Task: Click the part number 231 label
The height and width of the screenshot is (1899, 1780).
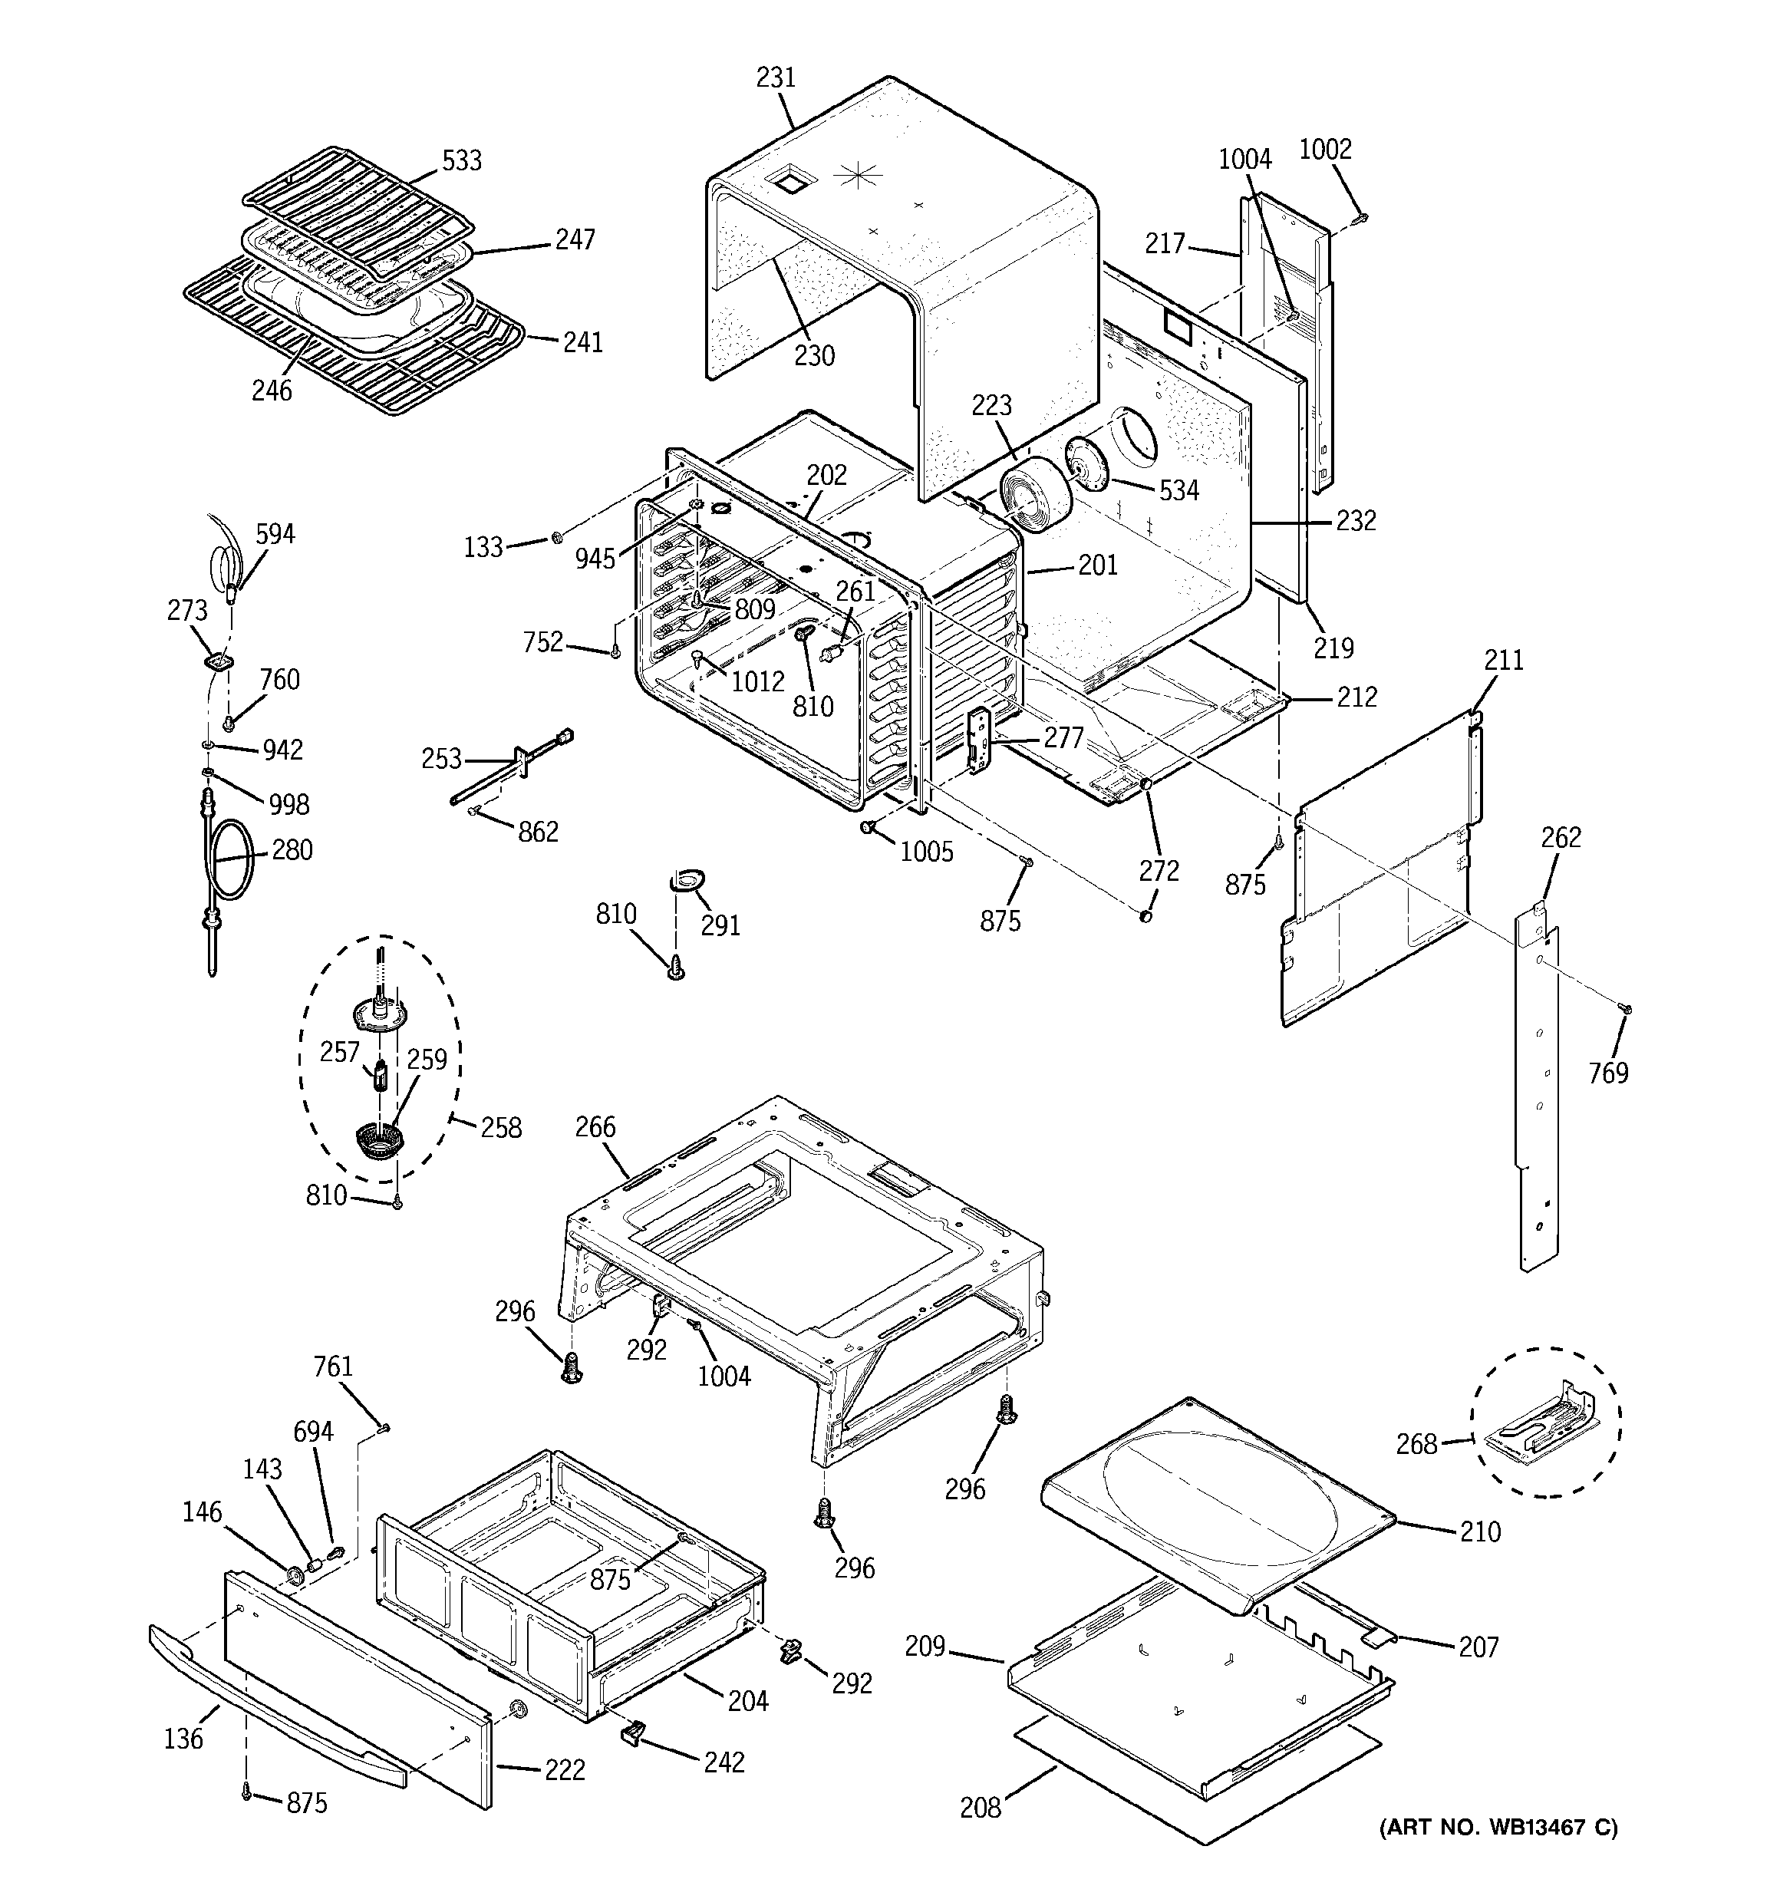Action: [775, 77]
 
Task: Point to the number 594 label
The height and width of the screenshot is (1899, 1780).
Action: [275, 534]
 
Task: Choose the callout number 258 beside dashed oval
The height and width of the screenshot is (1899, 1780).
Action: [501, 1128]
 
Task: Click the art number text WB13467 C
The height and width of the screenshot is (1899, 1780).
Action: [1498, 1828]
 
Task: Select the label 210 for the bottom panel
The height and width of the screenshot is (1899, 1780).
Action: [1479, 1532]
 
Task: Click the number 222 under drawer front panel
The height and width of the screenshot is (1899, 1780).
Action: [564, 1770]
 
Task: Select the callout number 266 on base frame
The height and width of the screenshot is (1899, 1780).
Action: [595, 1127]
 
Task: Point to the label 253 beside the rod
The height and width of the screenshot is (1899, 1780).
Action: [441, 760]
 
